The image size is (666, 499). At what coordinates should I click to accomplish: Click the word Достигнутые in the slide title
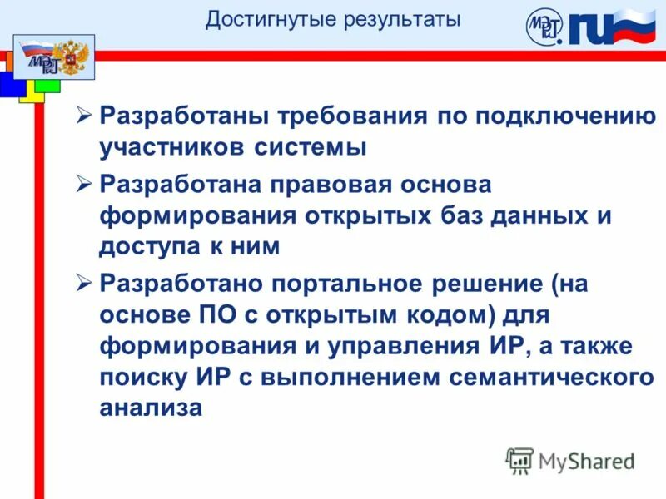[x=256, y=19]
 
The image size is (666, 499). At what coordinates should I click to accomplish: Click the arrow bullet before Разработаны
[x=83, y=116]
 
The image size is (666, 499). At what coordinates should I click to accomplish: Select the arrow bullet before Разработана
[x=83, y=184]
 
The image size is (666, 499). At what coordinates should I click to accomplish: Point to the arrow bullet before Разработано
[x=83, y=284]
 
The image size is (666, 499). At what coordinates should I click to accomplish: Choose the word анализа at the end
[x=151, y=409]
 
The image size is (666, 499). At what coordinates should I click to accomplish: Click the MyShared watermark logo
[x=569, y=461]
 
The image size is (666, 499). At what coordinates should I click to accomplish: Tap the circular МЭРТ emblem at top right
[x=544, y=28]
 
